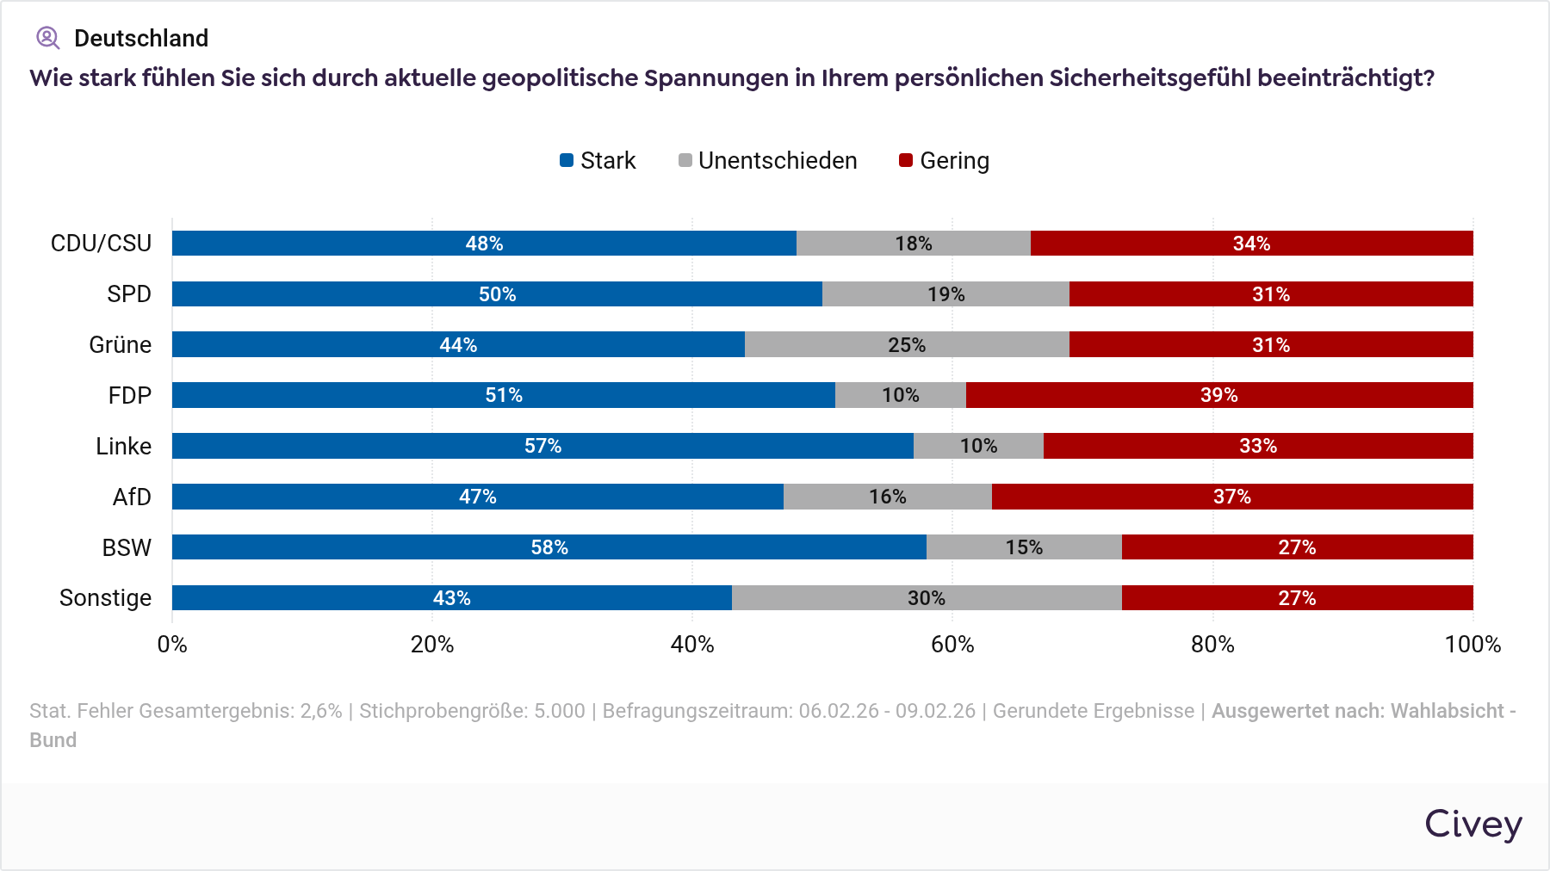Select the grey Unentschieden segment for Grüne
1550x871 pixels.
coord(907,344)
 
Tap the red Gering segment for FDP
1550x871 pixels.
coord(1219,395)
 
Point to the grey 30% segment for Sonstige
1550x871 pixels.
coord(927,598)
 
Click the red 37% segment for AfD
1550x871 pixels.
coord(1232,497)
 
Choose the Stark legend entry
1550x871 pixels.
coord(598,161)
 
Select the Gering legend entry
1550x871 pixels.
coord(945,161)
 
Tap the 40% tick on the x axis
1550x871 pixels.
coord(692,645)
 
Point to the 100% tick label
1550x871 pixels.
coord(1472,645)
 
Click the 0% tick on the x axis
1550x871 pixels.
coord(172,645)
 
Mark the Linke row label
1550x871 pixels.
coord(123,446)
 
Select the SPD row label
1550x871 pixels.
coord(129,294)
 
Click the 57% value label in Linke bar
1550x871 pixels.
coord(543,446)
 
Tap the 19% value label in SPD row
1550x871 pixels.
coord(946,294)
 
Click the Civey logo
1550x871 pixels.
coord(1473,825)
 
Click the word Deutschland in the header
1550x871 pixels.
coord(141,38)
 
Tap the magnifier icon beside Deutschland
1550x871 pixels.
coord(47,38)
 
